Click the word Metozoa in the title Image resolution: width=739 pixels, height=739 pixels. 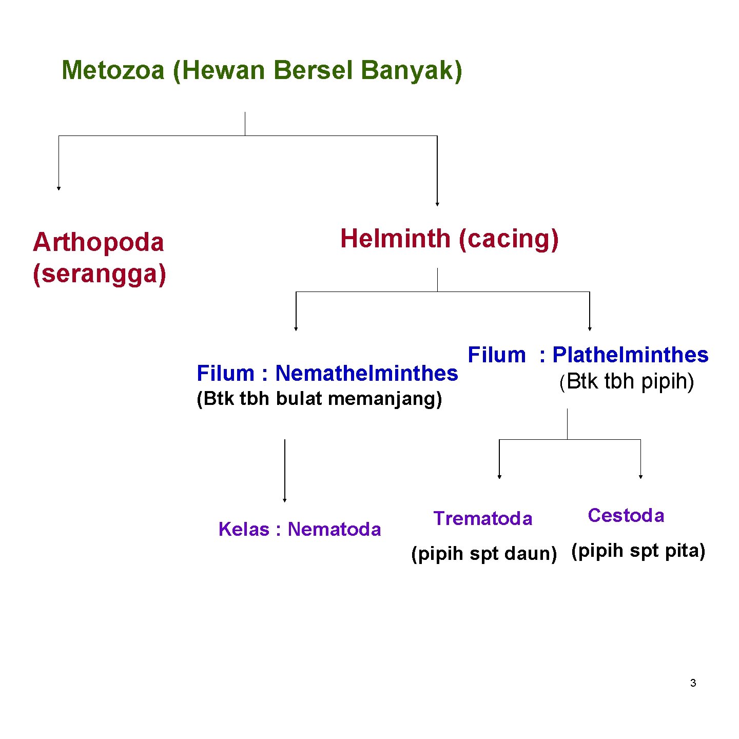click(x=113, y=70)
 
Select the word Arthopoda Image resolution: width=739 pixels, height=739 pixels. click(x=98, y=242)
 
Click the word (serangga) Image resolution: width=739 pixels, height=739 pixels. click(x=100, y=274)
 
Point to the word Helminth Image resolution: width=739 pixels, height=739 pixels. click(x=395, y=239)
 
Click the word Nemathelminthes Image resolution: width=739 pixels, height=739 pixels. click(x=366, y=373)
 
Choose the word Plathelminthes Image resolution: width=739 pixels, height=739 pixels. click(x=630, y=355)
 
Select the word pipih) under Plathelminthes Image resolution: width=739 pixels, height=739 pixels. click(x=668, y=381)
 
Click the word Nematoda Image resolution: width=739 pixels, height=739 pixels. click(x=334, y=529)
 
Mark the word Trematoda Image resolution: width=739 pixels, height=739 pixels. click(x=483, y=518)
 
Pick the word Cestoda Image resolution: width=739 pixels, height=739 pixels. click(x=626, y=515)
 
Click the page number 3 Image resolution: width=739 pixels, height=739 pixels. click(x=693, y=683)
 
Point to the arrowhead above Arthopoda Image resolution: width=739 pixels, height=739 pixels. click(x=59, y=188)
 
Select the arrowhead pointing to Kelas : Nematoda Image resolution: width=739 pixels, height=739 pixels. click(x=285, y=500)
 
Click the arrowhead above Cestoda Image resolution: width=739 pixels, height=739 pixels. click(x=640, y=477)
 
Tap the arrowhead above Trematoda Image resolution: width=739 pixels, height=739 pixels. click(x=499, y=477)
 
